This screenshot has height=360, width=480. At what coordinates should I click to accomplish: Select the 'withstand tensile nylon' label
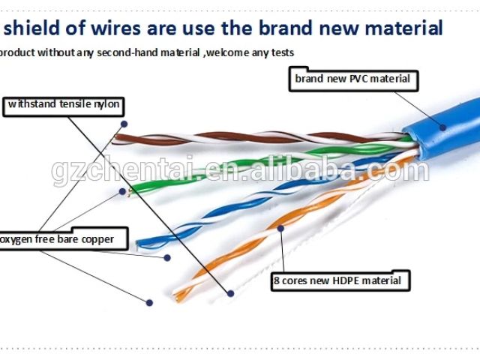click(63, 105)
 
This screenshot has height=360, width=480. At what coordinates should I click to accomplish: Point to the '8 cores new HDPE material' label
click(340, 281)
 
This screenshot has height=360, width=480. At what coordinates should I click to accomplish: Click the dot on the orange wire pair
click(280, 226)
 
